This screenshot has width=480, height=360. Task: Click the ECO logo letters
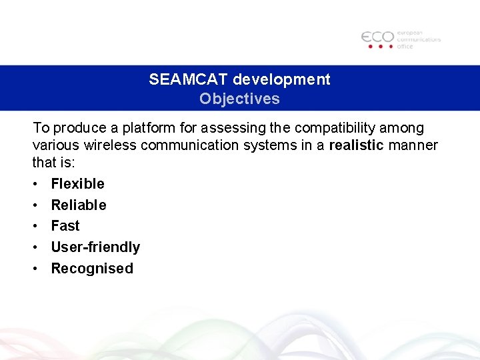[x=377, y=37]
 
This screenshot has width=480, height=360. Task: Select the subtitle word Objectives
[x=239, y=99]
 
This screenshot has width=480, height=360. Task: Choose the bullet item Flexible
[x=77, y=183]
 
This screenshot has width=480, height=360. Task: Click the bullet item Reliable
[x=79, y=205]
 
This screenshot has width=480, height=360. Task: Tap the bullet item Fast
[x=65, y=226]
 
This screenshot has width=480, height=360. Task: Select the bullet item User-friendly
[x=95, y=247]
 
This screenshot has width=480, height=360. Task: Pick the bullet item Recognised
[x=92, y=269]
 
